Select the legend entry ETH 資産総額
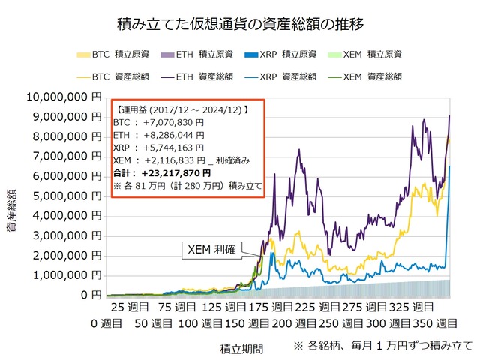[197, 76]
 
